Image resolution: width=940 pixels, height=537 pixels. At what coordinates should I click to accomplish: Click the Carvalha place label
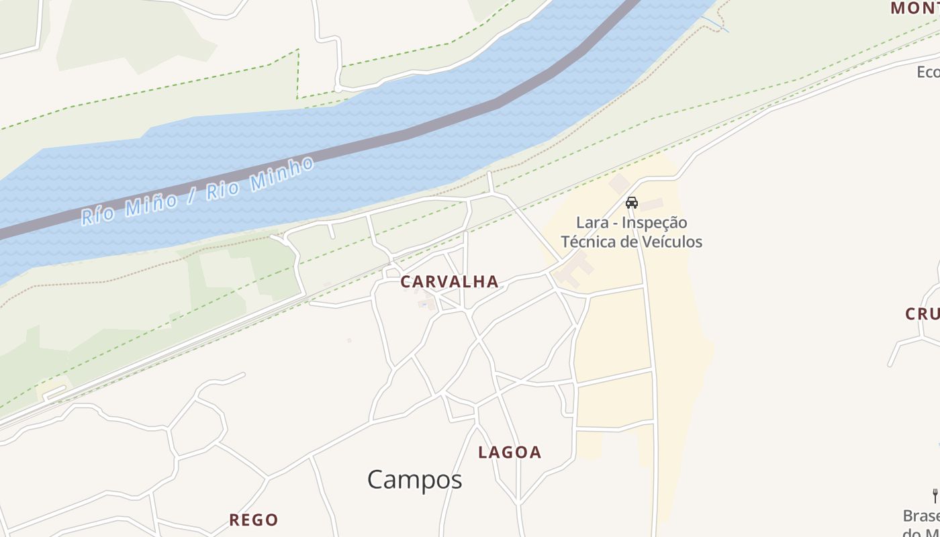click(449, 282)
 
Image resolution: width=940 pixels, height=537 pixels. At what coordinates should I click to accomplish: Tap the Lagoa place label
click(510, 452)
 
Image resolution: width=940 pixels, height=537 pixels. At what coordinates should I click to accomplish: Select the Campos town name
click(414, 480)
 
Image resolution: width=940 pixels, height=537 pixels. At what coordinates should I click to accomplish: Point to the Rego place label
click(253, 520)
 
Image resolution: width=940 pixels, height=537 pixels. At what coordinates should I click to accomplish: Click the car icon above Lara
click(632, 202)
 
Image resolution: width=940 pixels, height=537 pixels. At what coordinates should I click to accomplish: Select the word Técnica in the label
click(589, 242)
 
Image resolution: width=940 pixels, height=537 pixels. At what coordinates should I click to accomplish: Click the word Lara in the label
click(590, 223)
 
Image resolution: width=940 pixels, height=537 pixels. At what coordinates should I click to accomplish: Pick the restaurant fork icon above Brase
click(935, 496)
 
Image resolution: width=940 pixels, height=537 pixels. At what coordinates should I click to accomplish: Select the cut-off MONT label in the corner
click(914, 8)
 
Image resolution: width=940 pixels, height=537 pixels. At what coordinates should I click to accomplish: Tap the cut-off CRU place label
click(923, 313)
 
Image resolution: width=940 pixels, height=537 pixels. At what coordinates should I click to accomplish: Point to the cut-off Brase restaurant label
click(921, 516)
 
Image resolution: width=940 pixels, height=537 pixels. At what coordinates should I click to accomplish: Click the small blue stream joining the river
click(715, 23)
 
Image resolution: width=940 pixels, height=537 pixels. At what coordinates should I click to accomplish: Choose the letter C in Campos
click(377, 480)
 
